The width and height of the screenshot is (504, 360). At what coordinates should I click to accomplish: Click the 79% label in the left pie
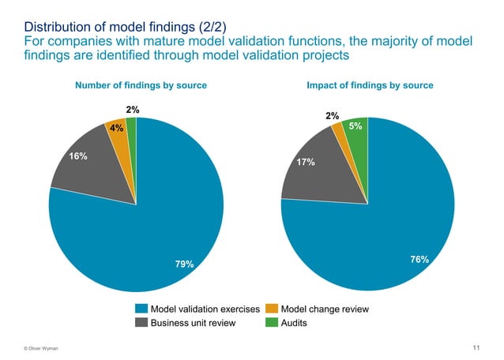point(184,264)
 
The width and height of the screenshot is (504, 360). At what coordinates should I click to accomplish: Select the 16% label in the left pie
point(78,156)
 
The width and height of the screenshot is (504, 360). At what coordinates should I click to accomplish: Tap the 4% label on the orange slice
point(116,129)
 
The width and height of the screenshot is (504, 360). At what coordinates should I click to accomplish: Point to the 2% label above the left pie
point(134,110)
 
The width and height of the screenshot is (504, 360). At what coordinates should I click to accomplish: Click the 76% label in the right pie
point(419,259)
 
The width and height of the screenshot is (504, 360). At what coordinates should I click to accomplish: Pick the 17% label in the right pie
point(307,162)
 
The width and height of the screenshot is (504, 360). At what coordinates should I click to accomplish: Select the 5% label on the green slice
point(355,126)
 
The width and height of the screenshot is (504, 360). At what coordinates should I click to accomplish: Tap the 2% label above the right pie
point(333,116)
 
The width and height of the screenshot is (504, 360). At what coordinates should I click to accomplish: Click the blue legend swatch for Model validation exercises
point(141,308)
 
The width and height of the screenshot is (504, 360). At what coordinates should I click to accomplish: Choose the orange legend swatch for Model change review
point(272,308)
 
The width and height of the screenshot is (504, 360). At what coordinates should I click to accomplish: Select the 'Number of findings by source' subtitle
point(141,85)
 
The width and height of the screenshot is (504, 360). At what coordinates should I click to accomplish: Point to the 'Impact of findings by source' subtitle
point(369,85)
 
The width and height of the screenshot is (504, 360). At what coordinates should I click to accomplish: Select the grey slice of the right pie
point(312,170)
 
